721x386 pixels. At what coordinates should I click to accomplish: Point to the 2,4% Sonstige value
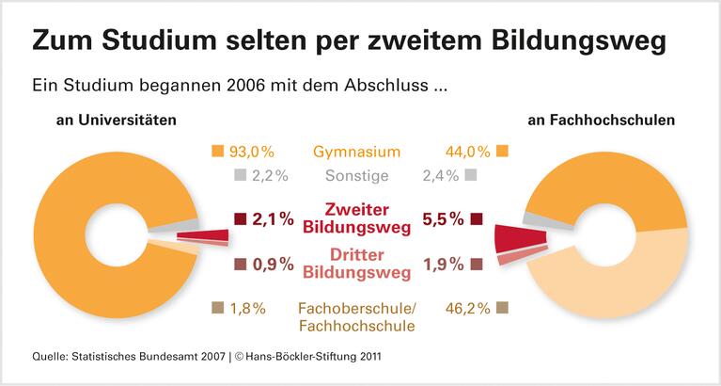441,175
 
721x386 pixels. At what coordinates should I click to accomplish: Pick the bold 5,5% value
444,218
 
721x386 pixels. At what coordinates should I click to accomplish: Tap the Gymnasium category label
356,152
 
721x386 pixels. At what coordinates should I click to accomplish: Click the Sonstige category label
356,175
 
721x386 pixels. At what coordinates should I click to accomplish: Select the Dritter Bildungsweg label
356,264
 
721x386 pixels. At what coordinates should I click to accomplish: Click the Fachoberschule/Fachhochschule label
356,316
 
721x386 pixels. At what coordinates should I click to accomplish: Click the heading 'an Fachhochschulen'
612,121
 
